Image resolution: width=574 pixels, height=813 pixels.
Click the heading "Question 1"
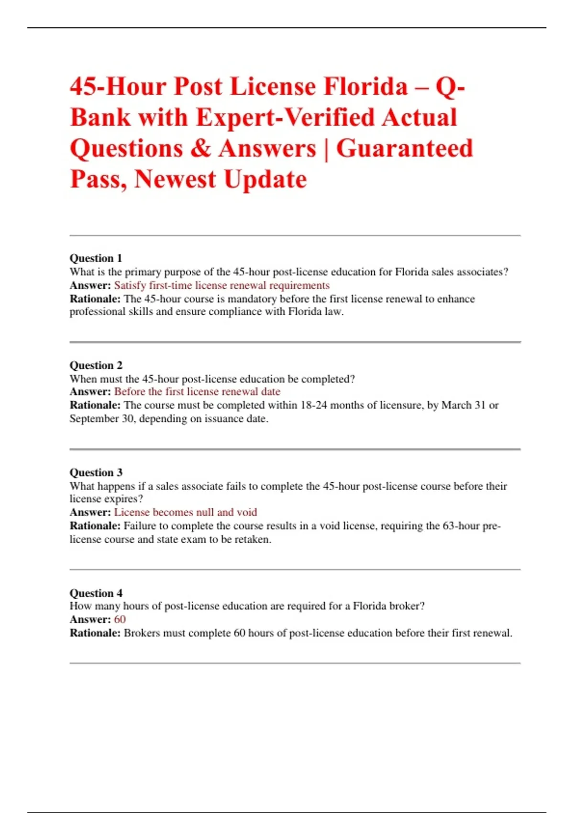point(96,258)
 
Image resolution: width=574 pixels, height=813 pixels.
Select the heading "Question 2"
point(96,365)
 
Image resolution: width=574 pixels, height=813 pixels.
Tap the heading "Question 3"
point(96,472)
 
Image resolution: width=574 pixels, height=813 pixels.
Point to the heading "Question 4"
point(96,593)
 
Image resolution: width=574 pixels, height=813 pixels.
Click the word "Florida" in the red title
point(366,87)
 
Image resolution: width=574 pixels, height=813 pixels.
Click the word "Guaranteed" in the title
point(404,148)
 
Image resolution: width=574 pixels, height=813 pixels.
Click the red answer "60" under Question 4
point(120,619)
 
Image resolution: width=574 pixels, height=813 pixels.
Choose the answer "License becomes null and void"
point(185,512)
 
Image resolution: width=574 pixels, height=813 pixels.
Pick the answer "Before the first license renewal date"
point(197,392)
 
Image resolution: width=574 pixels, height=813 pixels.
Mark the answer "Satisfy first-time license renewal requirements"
point(221,286)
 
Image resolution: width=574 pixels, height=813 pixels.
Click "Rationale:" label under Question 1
point(95,299)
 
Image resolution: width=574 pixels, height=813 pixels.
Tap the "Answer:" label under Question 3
point(90,512)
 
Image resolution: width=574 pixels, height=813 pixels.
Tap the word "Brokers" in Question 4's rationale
point(142,633)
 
